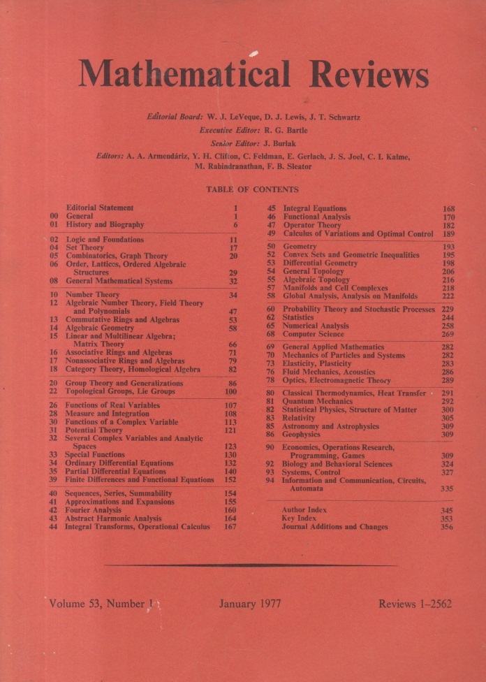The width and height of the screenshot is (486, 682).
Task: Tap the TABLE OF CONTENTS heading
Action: click(252, 189)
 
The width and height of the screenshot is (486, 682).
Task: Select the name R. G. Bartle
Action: click(289, 130)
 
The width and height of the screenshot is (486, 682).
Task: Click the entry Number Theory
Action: click(92, 295)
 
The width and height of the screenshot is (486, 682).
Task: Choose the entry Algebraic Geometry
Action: click(99, 328)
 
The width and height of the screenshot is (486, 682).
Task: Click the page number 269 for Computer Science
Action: click(448, 334)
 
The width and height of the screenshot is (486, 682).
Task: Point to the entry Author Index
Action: click(304, 510)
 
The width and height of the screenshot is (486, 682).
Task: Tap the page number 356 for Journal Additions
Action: click(448, 527)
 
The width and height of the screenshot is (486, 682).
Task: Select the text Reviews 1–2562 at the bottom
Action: click(415, 604)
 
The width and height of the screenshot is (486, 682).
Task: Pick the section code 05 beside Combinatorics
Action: click(54, 256)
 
